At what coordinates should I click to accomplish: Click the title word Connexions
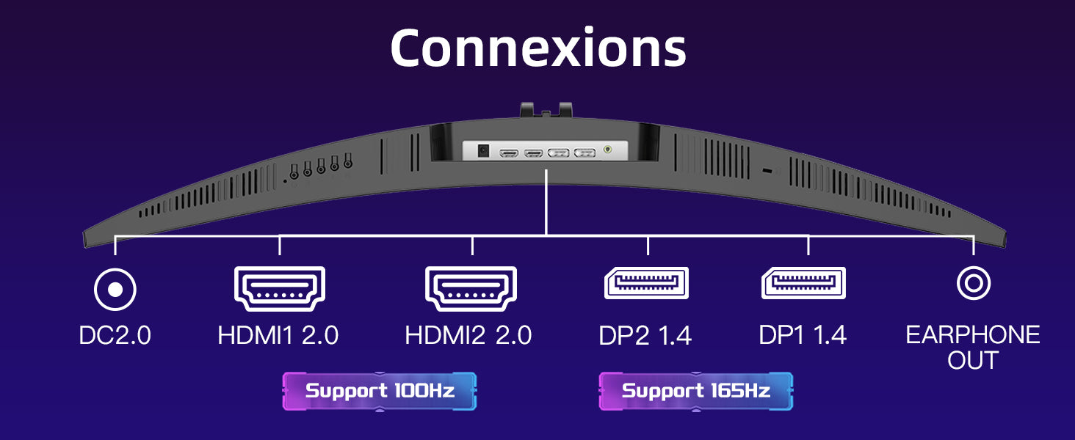point(537,48)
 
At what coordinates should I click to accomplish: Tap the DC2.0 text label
point(115,336)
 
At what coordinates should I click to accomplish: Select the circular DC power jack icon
point(115,289)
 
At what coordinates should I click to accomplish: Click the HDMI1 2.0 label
point(278,336)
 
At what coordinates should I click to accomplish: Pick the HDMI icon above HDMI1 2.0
point(279,288)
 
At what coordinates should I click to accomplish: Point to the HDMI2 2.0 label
point(468,336)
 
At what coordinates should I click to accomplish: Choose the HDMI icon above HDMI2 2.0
point(471,288)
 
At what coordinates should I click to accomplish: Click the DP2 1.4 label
point(645,336)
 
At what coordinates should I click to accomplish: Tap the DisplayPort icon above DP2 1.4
point(646,284)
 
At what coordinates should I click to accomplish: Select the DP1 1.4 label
point(803,336)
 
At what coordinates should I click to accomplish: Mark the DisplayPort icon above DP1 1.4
point(804,284)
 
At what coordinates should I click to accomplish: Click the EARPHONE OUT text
point(973,348)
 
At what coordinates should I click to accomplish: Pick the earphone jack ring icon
point(974,283)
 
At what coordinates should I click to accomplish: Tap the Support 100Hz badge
point(380,391)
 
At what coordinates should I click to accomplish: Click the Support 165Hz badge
point(696,391)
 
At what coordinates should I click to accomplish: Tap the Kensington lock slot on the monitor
point(768,172)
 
